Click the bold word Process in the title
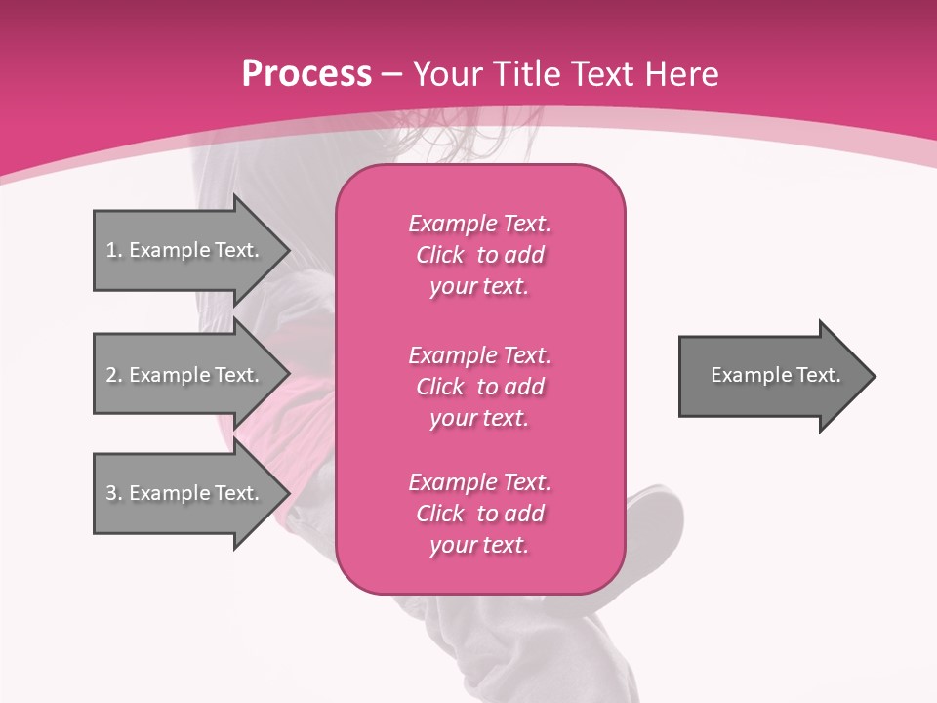pyautogui.click(x=306, y=74)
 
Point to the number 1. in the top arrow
pyautogui.click(x=113, y=250)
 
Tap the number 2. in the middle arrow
pyautogui.click(x=113, y=375)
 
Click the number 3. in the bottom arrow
pyautogui.click(x=113, y=493)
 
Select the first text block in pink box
pyautogui.click(x=479, y=255)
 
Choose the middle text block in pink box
pyautogui.click(x=479, y=387)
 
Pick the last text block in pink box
pyautogui.click(x=479, y=514)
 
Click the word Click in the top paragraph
pyautogui.click(x=439, y=255)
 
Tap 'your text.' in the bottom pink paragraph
pyautogui.click(x=479, y=545)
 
